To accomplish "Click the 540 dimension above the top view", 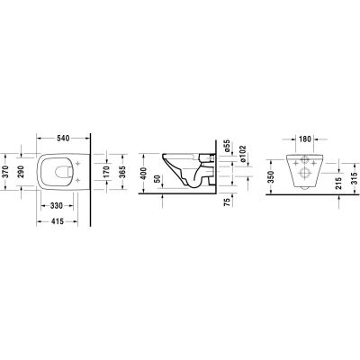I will coord(63,139).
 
